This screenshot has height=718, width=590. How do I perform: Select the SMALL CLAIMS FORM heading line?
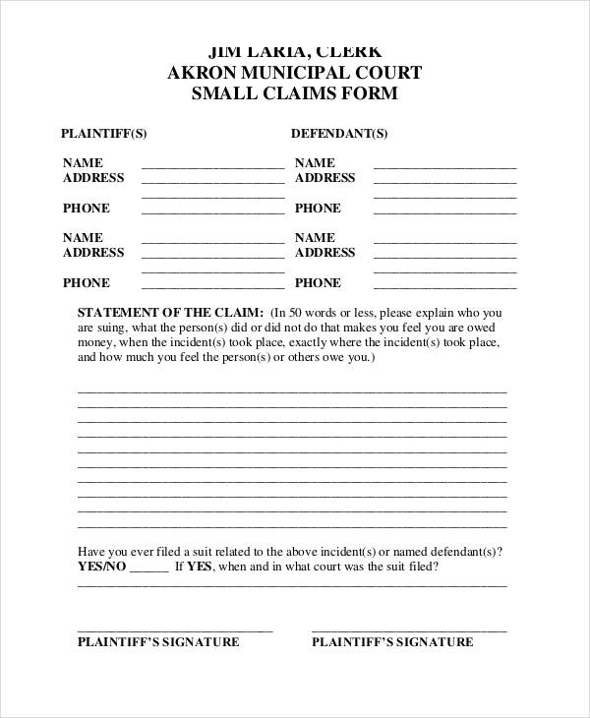294,94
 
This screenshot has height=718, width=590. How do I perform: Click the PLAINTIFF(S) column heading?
104,133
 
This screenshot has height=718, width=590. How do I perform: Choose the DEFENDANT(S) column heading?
339,133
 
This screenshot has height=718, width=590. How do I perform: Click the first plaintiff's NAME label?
83,162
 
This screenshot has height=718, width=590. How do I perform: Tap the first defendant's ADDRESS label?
325,178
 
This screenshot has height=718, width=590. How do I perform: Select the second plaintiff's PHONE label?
87,282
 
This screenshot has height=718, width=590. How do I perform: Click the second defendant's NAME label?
315,238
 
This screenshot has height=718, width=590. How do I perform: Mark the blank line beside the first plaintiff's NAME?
213,166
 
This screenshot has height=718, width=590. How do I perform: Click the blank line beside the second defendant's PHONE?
445,286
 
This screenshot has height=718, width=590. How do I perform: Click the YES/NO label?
100,568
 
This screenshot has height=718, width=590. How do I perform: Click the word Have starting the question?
90,552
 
